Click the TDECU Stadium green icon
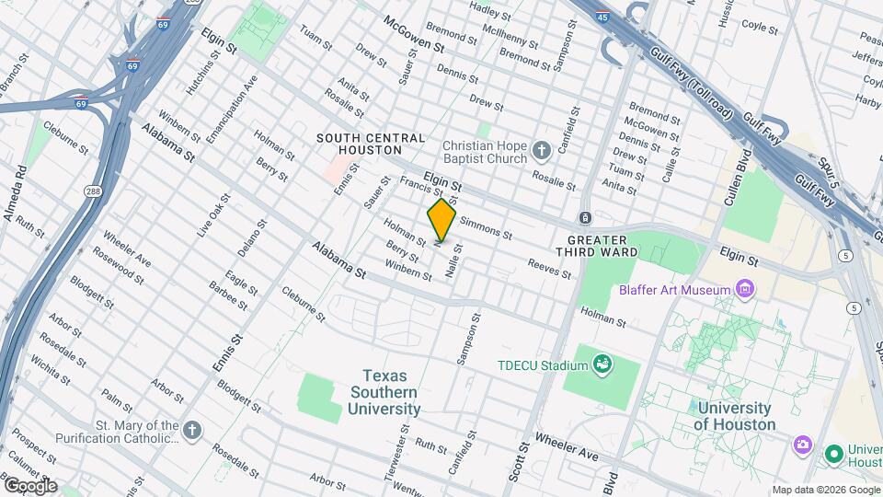(602, 365)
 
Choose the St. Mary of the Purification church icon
(191, 431)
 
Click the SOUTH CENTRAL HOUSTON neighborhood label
(371, 144)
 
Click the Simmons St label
(485, 227)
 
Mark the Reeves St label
(549, 269)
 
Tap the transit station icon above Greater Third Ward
(584, 217)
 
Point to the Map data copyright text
(825, 490)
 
